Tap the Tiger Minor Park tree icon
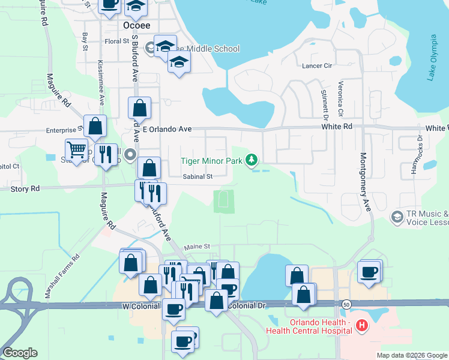tap(253, 160)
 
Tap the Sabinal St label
tap(198, 176)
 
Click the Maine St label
tap(197, 246)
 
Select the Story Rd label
tap(25, 188)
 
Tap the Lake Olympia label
tap(433, 58)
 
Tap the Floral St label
tap(117, 41)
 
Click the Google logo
tap(20, 353)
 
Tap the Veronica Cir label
tap(340, 99)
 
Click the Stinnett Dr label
tap(325, 101)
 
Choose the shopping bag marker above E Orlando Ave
tap(139, 109)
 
